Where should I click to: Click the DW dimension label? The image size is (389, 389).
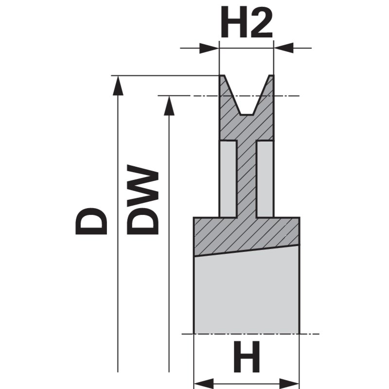pyautogui.click(x=144, y=201)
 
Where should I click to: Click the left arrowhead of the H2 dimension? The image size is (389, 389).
pyautogui.click(x=210, y=48)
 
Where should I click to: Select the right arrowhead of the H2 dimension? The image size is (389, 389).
pyautogui.click(x=284, y=48)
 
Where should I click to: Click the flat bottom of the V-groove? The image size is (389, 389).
pyautogui.click(x=247, y=114)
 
